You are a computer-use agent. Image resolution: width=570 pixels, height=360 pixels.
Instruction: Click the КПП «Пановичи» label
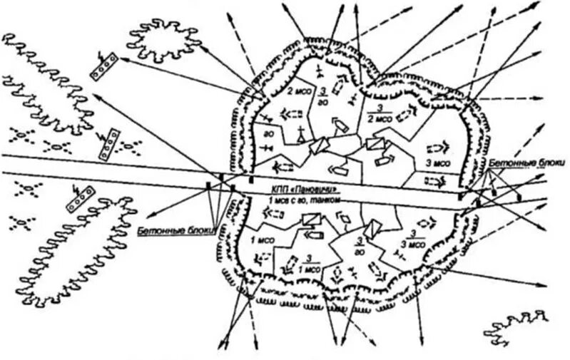pos(304,190)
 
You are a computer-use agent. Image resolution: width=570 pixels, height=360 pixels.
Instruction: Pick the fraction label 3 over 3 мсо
pos(413,240)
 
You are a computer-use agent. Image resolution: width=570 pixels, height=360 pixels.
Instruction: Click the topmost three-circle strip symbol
pos(103,68)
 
